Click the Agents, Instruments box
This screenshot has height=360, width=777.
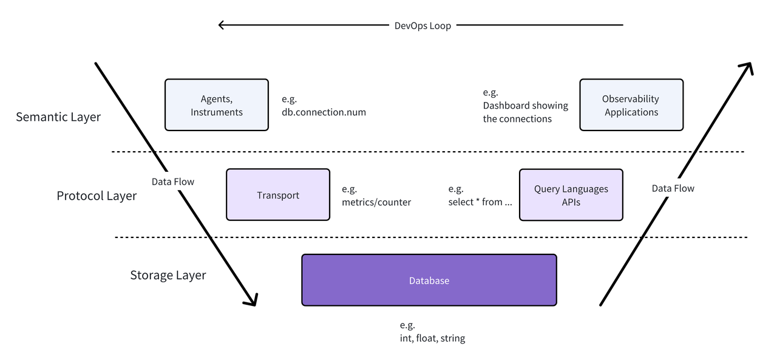(x=216, y=104)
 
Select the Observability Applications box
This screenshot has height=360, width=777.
(x=631, y=104)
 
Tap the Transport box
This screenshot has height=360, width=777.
(x=278, y=195)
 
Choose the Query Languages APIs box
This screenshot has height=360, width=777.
(x=571, y=195)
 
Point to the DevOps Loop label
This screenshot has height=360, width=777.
(x=422, y=25)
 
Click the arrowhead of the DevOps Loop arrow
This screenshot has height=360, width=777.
(x=222, y=25)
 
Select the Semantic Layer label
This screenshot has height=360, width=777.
(x=58, y=117)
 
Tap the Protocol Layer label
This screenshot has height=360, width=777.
(x=97, y=196)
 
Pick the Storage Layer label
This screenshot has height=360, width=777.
(x=168, y=276)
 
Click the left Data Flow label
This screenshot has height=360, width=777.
(x=173, y=182)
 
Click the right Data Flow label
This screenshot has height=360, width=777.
(x=673, y=189)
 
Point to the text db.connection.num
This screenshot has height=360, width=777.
(x=324, y=112)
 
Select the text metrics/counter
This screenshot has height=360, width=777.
(x=376, y=202)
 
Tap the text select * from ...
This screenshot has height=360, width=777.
(x=480, y=202)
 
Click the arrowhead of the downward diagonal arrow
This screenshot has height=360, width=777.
(x=252, y=300)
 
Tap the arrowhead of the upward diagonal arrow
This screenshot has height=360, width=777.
(x=748, y=67)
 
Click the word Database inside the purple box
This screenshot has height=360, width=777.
(x=429, y=280)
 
